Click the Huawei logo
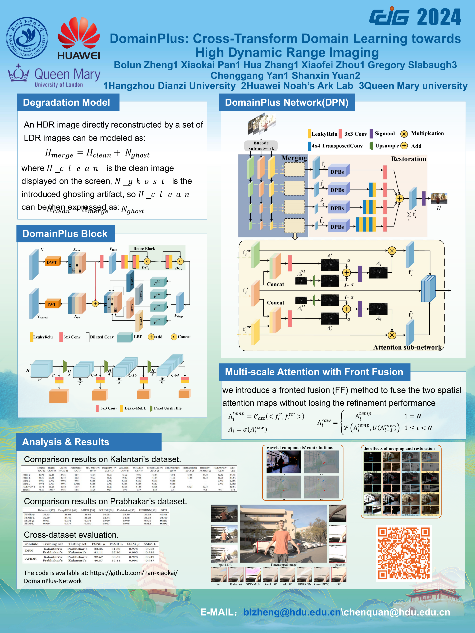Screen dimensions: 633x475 (x=79, y=39)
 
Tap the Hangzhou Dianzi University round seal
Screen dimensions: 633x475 (x=27, y=38)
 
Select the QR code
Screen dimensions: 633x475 (x=404, y=553)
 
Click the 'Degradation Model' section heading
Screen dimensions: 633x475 (x=66, y=103)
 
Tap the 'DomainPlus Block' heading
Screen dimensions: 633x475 (x=65, y=234)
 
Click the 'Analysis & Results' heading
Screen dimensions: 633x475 (x=66, y=442)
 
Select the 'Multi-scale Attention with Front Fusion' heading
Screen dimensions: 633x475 (x=314, y=372)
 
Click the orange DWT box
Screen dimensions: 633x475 (x=52, y=262)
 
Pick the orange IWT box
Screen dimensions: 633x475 (x=52, y=304)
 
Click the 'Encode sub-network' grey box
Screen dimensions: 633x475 (x=261, y=146)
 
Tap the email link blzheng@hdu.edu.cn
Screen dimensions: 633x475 (x=292, y=612)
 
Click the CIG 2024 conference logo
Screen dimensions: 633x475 (x=415, y=17)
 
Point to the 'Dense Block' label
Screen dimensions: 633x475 (x=144, y=249)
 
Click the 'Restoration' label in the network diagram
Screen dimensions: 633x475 (x=408, y=159)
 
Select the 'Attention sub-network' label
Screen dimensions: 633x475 (x=407, y=347)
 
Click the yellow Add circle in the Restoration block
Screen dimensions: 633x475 (x=399, y=198)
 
